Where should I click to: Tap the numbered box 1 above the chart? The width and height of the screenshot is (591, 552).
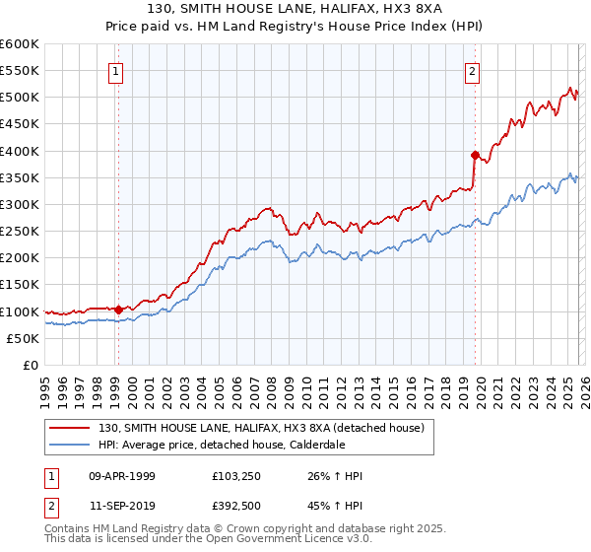(116, 71)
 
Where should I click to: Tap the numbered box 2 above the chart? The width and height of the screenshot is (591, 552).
(473, 71)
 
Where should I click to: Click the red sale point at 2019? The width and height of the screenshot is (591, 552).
(475, 155)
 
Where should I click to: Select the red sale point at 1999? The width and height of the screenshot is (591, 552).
(118, 310)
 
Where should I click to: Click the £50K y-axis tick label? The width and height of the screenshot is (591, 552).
(23, 338)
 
